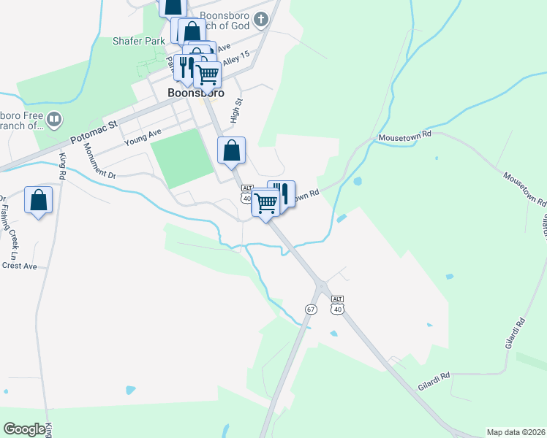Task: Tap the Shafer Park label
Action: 139,41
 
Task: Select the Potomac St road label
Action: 94,133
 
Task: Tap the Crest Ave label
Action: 19,266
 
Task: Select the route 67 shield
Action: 311,310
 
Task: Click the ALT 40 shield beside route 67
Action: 336,304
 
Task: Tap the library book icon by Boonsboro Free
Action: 53,119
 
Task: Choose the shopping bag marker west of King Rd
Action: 38,200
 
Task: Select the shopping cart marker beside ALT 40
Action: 265,204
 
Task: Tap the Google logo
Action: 25,429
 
